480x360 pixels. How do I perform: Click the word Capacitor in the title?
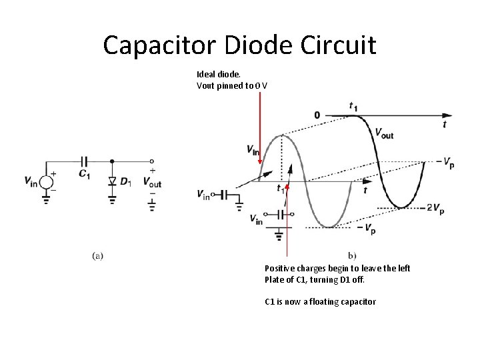(159, 46)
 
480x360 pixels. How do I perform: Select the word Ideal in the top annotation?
(207, 74)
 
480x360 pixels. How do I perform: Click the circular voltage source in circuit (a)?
(47, 181)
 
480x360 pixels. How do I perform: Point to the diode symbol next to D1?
(111, 180)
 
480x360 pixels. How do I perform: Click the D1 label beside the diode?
(125, 181)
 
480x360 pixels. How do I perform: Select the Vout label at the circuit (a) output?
(151, 182)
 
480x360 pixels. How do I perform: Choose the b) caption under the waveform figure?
(352, 255)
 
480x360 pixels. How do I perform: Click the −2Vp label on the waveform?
(434, 207)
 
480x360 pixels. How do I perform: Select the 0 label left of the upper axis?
(317, 115)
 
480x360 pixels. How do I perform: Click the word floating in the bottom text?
(323, 302)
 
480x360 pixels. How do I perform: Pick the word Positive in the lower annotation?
(280, 269)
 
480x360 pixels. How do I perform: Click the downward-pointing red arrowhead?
(259, 161)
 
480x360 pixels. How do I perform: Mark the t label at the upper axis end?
(445, 125)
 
